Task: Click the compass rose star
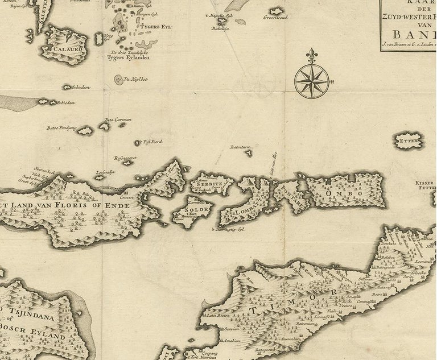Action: click(310, 80)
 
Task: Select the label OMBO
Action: click(336, 193)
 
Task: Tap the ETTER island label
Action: click(409, 140)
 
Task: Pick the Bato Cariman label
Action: click(118, 120)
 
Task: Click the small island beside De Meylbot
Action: click(118, 80)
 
